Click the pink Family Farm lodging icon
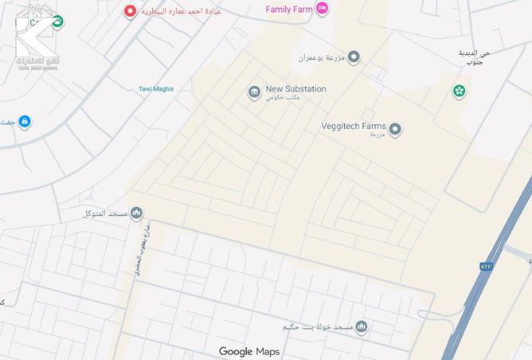tap(322, 9)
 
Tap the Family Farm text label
tap(289, 9)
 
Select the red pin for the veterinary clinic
tap(131, 11)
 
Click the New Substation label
tap(295, 89)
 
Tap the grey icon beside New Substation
tap(253, 93)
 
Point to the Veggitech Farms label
tap(353, 126)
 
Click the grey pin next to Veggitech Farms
tap(395, 129)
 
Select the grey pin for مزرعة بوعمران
tap(354, 57)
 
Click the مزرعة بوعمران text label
tap(323, 58)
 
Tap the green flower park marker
tap(459, 91)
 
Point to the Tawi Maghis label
tap(155, 89)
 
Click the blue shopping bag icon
tap(25, 121)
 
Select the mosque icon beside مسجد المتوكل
tap(136, 213)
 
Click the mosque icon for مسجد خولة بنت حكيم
tap(361, 327)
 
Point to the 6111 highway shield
tap(487, 266)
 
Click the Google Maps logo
tap(249, 351)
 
